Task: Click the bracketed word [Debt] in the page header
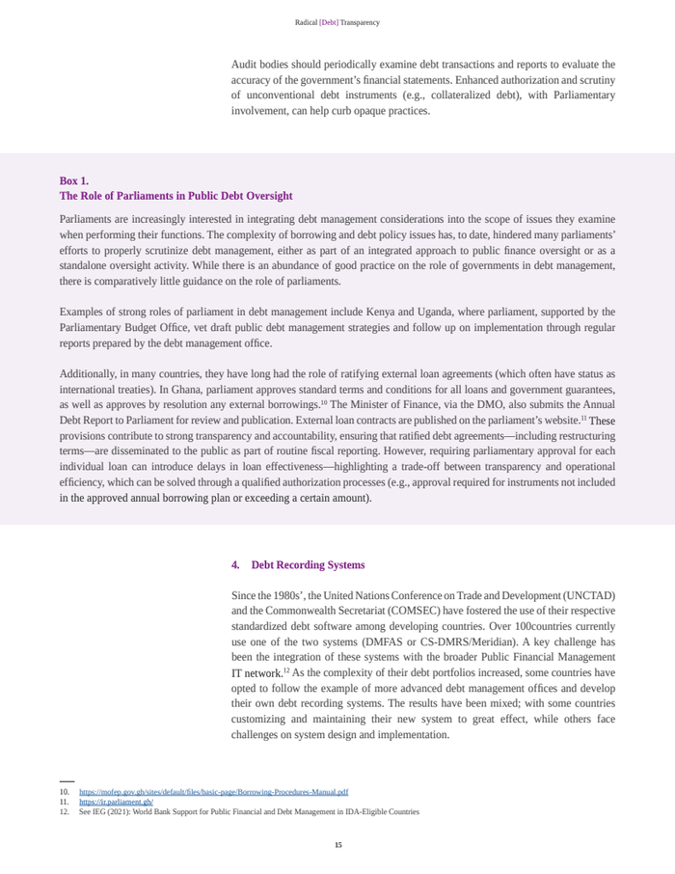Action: point(329,22)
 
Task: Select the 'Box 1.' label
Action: point(74,180)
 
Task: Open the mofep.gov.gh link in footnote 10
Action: point(213,792)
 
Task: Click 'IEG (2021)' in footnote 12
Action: point(110,812)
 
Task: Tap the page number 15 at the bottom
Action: point(337,845)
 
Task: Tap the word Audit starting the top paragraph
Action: point(245,65)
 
